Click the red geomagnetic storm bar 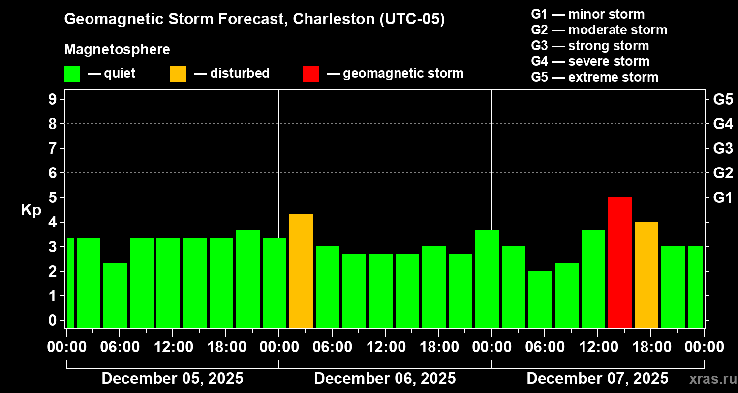point(620,262)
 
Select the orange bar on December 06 point(301,271)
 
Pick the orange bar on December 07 point(646,275)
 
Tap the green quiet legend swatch point(72,74)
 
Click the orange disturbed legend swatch point(179,74)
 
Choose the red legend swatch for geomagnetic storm point(311,74)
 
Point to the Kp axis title point(31,210)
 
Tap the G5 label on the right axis point(723,99)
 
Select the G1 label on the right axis point(723,197)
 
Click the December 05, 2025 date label point(172,379)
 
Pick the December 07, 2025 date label point(597,379)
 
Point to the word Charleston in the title point(333,19)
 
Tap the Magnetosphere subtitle point(117,50)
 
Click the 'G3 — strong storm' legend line point(590,46)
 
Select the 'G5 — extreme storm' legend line point(594,77)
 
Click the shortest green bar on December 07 point(540,299)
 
